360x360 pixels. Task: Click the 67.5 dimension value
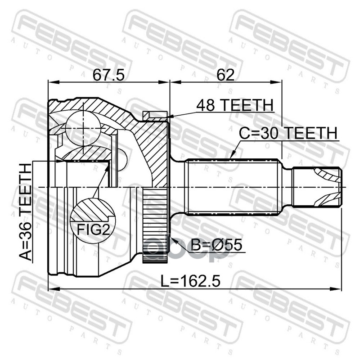[x=108, y=75]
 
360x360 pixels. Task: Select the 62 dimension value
[x=226, y=75]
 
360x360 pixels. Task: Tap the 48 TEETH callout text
[x=235, y=105]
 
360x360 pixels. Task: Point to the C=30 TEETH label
[x=288, y=133]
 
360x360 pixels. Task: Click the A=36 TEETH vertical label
[x=25, y=212]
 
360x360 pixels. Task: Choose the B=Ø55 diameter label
[x=216, y=244]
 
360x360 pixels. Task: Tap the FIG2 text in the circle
[x=93, y=229]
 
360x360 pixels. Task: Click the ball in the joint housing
[x=83, y=128]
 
